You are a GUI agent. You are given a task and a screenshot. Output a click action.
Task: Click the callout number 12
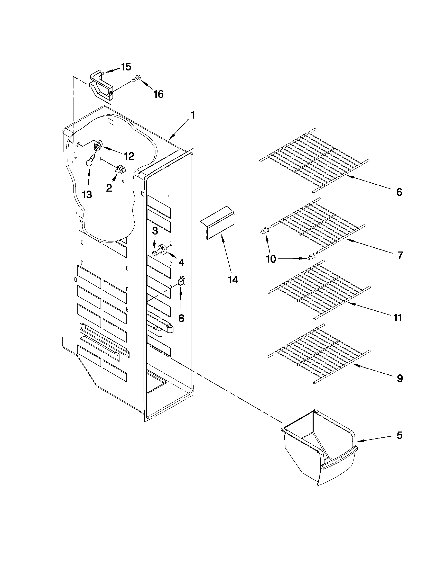pos(129,156)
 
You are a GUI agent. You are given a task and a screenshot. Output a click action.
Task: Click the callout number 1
pos(192,115)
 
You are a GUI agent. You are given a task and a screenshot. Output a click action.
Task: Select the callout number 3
pos(155,231)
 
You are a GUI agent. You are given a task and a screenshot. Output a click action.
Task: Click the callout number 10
pos(271,259)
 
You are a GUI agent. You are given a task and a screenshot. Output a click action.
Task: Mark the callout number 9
pos(400,379)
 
